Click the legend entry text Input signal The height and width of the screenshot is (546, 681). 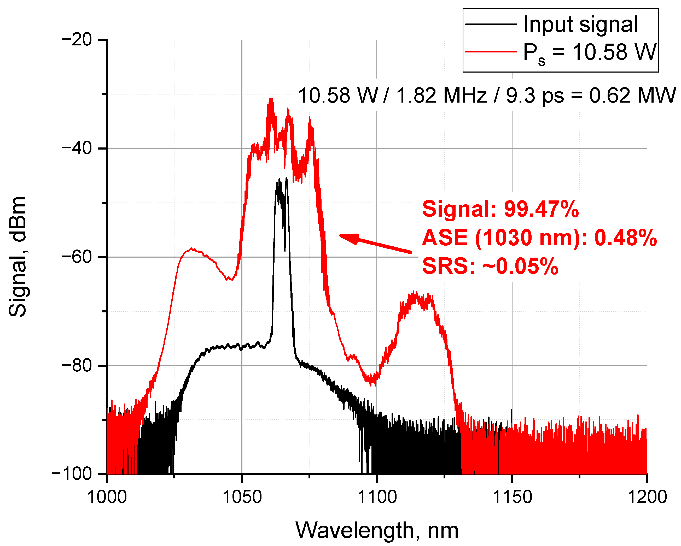pyautogui.click(x=580, y=25)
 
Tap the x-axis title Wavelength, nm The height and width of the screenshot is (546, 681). pyautogui.click(x=377, y=531)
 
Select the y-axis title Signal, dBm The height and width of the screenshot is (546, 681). pyautogui.click(x=18, y=257)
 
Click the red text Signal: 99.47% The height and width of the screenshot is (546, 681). pyautogui.click(x=500, y=209)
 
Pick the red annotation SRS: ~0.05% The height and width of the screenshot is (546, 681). pyautogui.click(x=490, y=266)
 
